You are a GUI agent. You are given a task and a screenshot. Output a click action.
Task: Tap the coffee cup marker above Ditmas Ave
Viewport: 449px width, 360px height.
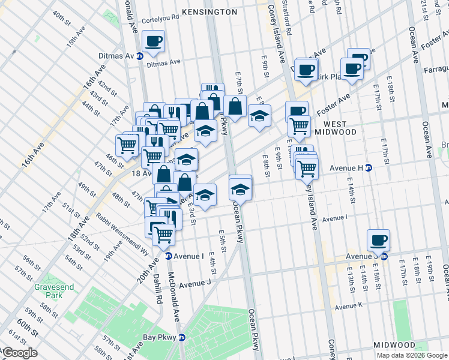pyautogui.click(x=153, y=41)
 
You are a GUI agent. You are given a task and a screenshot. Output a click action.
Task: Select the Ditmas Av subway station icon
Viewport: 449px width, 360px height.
pyautogui.click(x=140, y=56)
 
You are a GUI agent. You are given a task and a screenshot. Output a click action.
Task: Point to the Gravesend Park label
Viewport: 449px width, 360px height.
pyautogui.click(x=54, y=291)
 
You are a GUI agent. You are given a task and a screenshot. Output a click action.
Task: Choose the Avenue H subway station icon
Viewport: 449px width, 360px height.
pyautogui.click(x=369, y=168)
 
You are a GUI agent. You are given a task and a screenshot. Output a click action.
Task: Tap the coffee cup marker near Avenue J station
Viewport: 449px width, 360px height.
pyautogui.click(x=378, y=241)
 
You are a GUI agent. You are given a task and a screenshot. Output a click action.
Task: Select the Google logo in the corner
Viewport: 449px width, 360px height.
pyautogui.click(x=19, y=353)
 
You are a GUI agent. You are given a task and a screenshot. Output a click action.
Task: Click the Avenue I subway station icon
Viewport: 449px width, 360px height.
pyautogui.click(x=169, y=256)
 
